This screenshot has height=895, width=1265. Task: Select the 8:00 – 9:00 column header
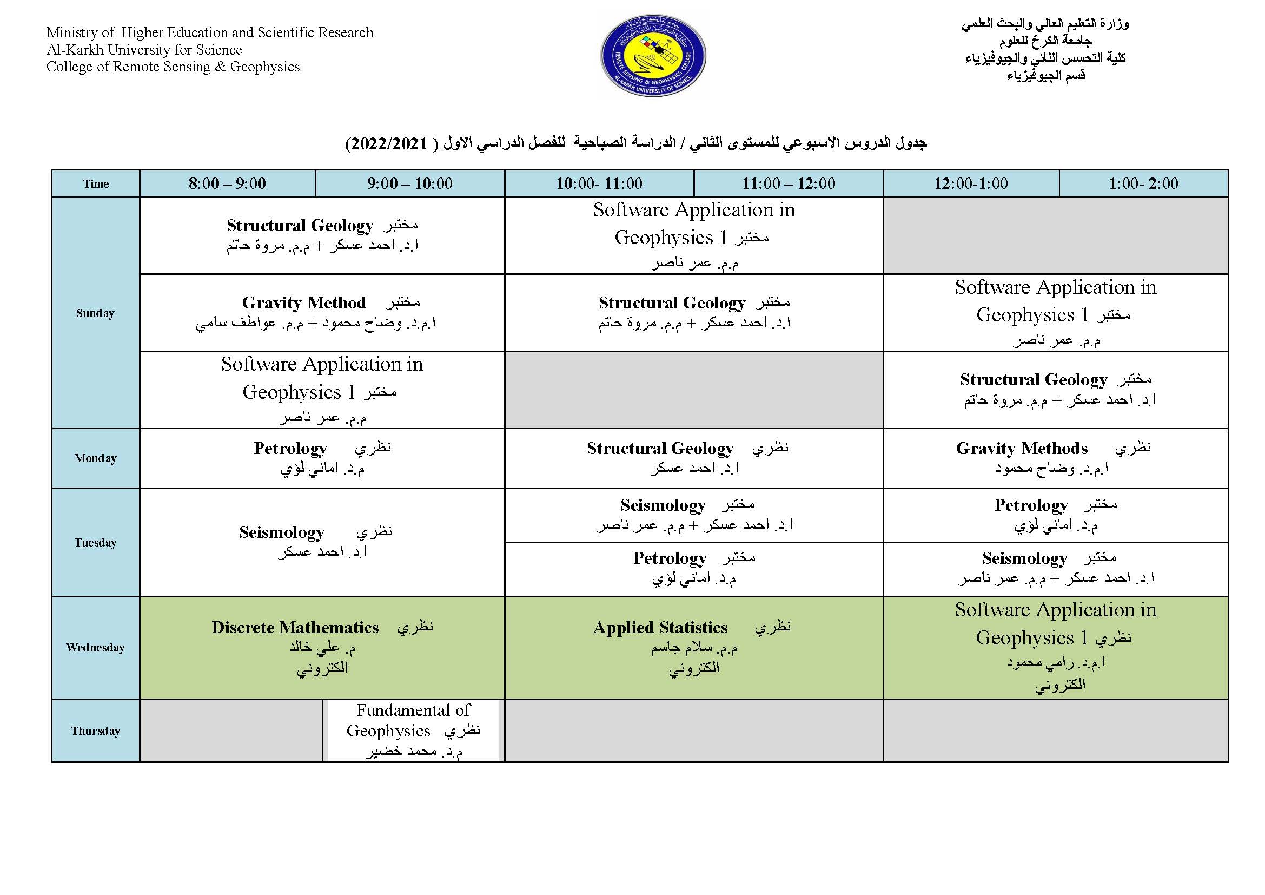227,183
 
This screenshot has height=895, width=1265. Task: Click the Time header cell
96,184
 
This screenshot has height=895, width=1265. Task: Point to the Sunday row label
95,313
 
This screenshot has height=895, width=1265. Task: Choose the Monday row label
95,458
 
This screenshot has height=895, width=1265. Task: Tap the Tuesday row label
95,542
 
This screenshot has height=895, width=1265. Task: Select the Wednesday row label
95,648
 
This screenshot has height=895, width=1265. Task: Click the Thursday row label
95,731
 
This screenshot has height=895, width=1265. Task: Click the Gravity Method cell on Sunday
322,312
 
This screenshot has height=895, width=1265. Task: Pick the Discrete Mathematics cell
322,647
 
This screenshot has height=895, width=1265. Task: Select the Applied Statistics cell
694,647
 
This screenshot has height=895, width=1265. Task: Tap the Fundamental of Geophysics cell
413,730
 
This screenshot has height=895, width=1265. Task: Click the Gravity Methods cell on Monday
1055,458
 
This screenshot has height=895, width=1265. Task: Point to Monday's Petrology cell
322,458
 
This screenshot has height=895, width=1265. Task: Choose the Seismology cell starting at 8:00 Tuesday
322,542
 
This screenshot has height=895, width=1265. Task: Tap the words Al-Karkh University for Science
144,50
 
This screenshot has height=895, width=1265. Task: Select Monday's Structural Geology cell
694,458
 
